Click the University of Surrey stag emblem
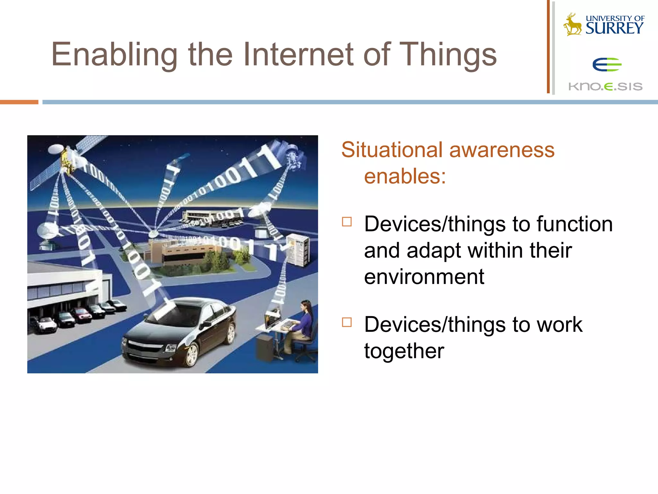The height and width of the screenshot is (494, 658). (572, 24)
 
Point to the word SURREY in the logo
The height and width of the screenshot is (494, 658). (614, 29)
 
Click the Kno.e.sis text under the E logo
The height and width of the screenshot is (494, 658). (605, 87)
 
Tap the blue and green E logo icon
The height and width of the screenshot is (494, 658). (607, 65)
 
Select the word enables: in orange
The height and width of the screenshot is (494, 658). (405, 177)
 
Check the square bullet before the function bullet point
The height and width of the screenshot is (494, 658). (347, 222)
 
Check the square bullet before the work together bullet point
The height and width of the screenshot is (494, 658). (347, 322)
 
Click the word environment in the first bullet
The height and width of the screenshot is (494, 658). (424, 277)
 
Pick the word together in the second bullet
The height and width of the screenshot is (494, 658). (404, 351)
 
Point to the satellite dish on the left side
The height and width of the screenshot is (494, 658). (48, 232)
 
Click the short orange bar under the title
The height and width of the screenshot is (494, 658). (19, 102)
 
